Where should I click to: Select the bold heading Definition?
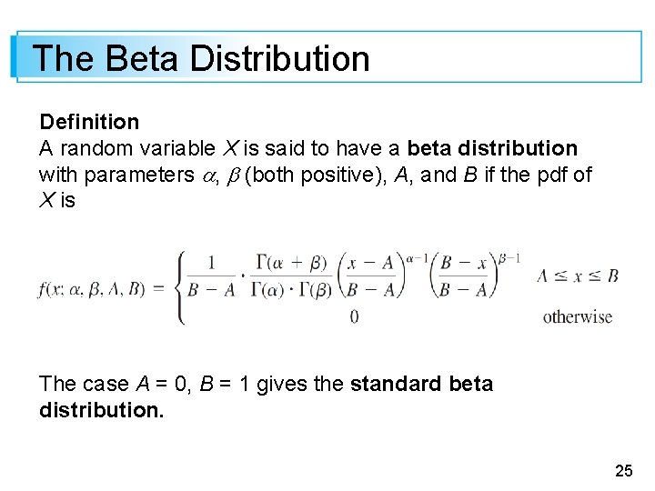[x=89, y=122]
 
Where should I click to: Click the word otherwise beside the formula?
[x=578, y=317]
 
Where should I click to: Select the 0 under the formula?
[x=354, y=317]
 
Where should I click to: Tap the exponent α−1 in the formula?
[x=418, y=256]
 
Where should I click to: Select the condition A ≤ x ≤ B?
[x=578, y=276]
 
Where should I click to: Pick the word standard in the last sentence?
[x=396, y=384]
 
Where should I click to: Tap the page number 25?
[x=623, y=471]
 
